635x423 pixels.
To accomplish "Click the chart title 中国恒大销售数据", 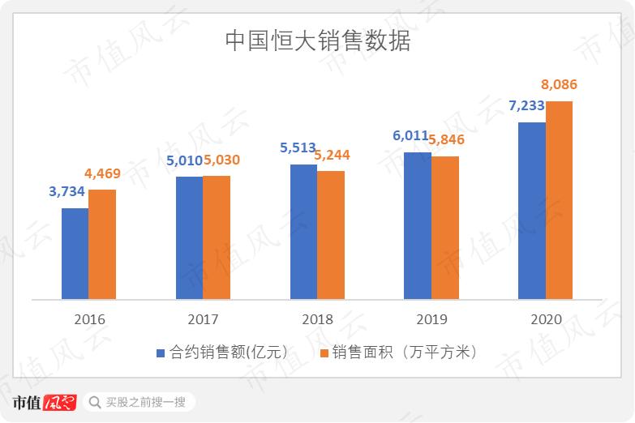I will click(317, 41).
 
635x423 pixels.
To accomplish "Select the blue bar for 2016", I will click(75, 254).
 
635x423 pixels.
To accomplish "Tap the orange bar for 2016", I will click(102, 244).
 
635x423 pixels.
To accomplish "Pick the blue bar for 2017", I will click(189, 237).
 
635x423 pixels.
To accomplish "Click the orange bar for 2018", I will click(331, 235).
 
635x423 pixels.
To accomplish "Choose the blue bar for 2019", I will click(417, 225).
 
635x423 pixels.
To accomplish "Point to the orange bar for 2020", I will click(559, 200).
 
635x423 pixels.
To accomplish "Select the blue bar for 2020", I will click(531, 211).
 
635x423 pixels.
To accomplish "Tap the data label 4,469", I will click(105, 173).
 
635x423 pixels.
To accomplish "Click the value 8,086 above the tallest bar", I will click(559, 85).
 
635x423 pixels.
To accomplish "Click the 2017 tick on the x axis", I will click(203, 319).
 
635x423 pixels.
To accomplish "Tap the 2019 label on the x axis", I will click(431, 319).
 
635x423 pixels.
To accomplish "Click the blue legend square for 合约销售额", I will click(161, 353).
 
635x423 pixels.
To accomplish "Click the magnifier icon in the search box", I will click(95, 402).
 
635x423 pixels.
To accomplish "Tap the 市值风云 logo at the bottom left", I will click(45, 402).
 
